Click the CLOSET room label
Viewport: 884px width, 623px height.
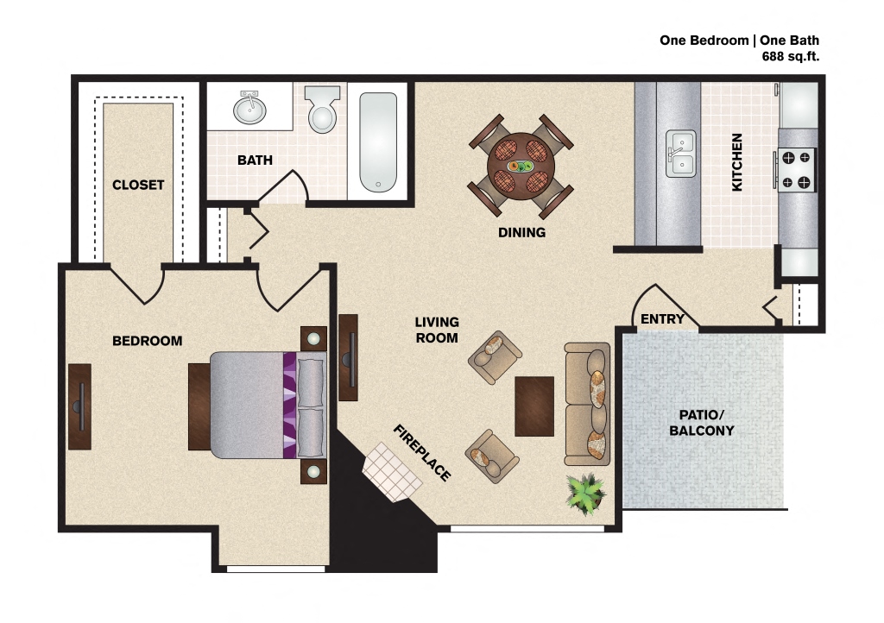pyautogui.click(x=138, y=185)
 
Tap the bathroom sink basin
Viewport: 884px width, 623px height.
pyautogui.click(x=250, y=110)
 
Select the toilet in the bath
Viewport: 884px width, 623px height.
pyautogui.click(x=323, y=110)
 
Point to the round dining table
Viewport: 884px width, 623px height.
pyautogui.click(x=521, y=165)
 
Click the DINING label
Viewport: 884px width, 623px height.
pyautogui.click(x=521, y=232)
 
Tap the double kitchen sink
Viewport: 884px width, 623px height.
pyautogui.click(x=680, y=154)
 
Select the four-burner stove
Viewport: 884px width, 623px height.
pyautogui.click(x=796, y=169)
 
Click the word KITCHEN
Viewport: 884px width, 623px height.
pyautogui.click(x=737, y=162)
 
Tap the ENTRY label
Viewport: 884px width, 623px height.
pyautogui.click(x=662, y=319)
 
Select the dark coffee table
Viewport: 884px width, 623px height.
pyautogui.click(x=534, y=406)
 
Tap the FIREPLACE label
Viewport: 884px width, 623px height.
pyautogui.click(x=422, y=453)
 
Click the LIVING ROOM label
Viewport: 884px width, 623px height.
pyautogui.click(x=437, y=330)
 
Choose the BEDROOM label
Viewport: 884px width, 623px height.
pyautogui.click(x=148, y=341)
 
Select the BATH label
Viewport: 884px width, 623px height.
pyautogui.click(x=255, y=160)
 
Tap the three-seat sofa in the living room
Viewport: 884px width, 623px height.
pyautogui.click(x=588, y=402)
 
